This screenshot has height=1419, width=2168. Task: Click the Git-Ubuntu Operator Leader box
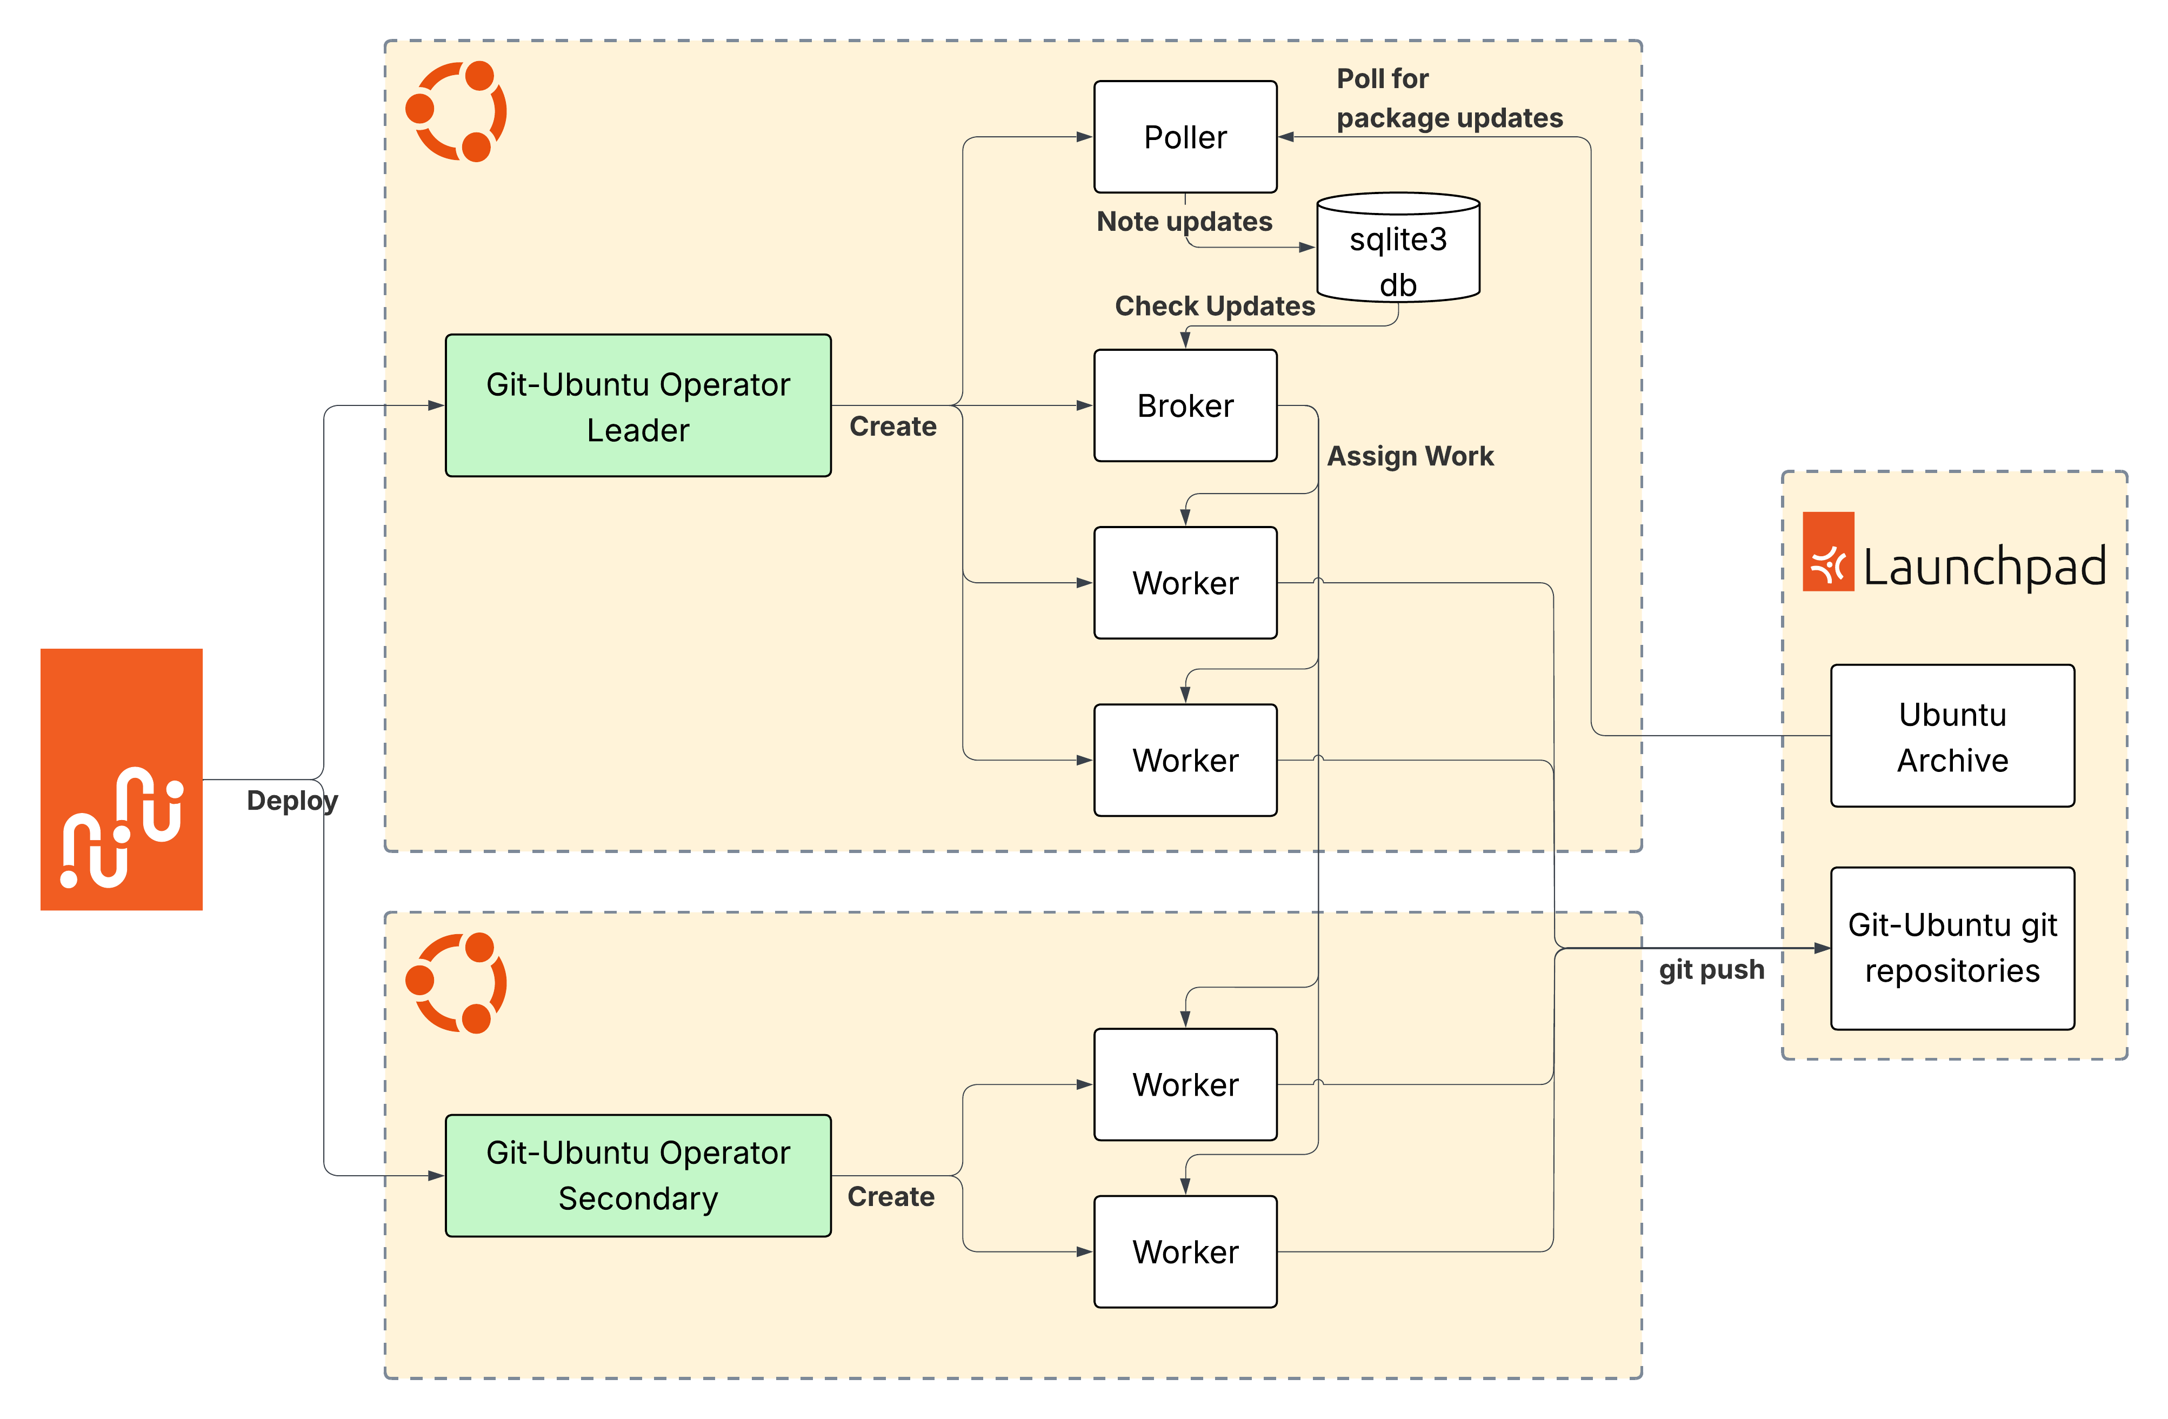tap(638, 405)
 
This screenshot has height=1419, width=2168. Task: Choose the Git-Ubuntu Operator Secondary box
tap(638, 1175)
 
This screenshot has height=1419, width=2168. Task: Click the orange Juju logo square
tap(121, 779)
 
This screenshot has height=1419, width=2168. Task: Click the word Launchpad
tap(1984, 567)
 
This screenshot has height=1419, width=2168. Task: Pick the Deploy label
tap(291, 801)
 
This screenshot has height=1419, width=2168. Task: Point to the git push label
tap(1711, 969)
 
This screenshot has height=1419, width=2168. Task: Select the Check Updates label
tap(1214, 306)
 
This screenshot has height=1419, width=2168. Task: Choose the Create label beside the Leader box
tap(893, 427)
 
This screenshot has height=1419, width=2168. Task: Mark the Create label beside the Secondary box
tap(891, 1196)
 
